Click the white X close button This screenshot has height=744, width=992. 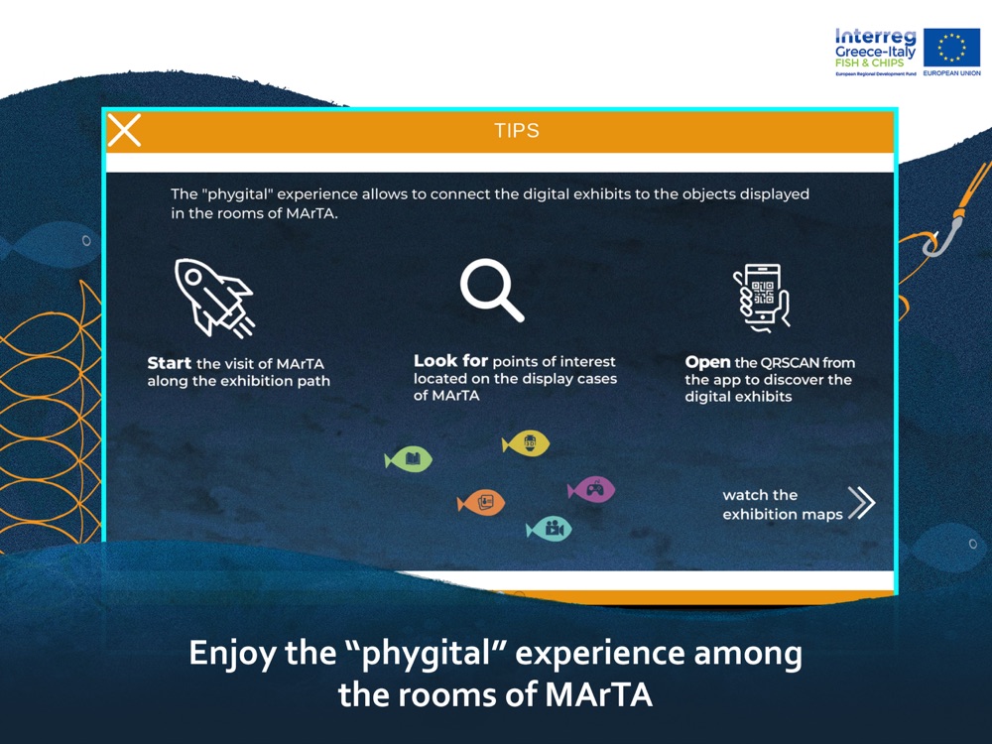[124, 130]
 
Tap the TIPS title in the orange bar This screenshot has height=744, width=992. [517, 130]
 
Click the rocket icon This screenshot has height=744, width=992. [214, 298]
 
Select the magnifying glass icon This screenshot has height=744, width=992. [492, 290]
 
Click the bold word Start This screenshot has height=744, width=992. [169, 363]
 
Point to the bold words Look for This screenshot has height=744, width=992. [450, 361]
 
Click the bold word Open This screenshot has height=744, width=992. [707, 363]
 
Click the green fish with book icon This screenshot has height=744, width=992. [409, 459]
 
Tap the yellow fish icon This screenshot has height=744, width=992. [526, 442]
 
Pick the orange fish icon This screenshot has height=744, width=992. [481, 503]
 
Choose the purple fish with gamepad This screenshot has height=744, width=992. [591, 490]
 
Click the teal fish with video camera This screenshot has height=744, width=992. [550, 529]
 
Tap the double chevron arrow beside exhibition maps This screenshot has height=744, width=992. [862, 503]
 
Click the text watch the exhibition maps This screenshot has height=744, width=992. [783, 504]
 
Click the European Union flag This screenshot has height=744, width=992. [951, 48]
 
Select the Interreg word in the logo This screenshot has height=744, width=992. [876, 37]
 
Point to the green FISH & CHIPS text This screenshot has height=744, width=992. [869, 62]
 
